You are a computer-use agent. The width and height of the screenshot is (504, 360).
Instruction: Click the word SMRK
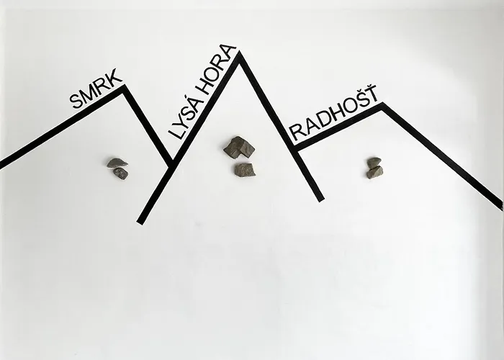pyautogui.click(x=96, y=89)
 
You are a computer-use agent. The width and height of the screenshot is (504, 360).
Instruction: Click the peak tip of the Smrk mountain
pyautogui.click(x=124, y=86)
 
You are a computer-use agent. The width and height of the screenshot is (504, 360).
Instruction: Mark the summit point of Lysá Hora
pyautogui.click(x=239, y=53)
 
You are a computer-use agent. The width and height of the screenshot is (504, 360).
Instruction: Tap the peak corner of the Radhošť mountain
pyautogui.click(x=382, y=104)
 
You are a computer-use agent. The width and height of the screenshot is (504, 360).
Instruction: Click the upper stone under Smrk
pyautogui.click(x=117, y=163)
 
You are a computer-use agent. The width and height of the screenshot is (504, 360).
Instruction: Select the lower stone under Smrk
pyautogui.click(x=121, y=174)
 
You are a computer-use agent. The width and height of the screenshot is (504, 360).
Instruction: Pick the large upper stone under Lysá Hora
pyautogui.click(x=239, y=148)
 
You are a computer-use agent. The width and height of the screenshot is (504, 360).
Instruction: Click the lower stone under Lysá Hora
pyautogui.click(x=244, y=170)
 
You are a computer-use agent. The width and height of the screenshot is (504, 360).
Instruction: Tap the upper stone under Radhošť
pyautogui.click(x=374, y=163)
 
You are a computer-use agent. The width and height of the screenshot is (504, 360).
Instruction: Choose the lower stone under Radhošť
pyautogui.click(x=374, y=172)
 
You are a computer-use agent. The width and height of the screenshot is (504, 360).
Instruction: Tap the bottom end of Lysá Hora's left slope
pyautogui.click(x=140, y=222)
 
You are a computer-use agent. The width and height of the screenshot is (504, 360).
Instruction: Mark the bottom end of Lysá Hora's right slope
pyautogui.click(x=321, y=199)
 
